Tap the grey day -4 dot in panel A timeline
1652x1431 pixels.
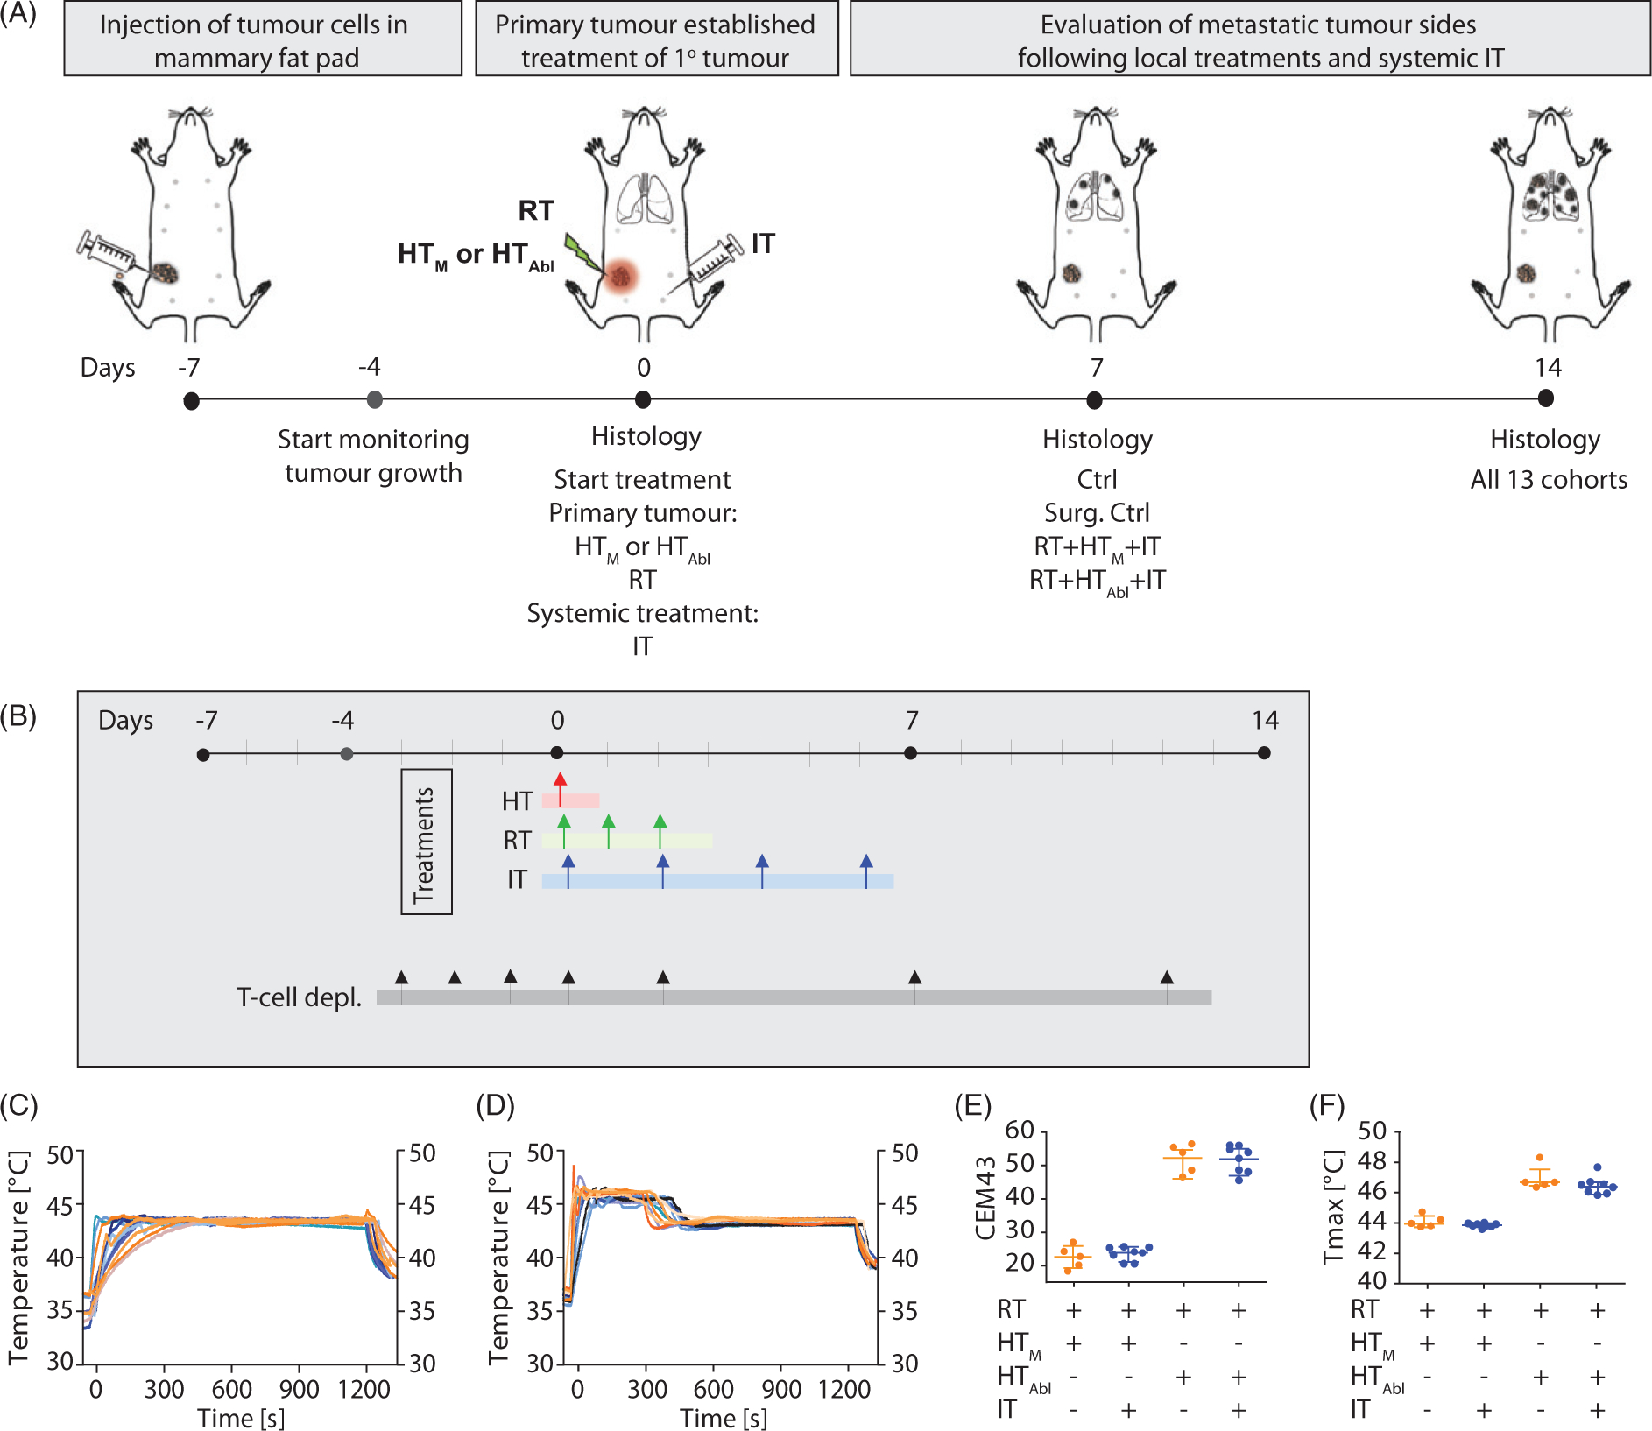point(374,399)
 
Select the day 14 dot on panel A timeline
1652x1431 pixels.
point(1545,398)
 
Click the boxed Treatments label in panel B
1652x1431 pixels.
point(426,842)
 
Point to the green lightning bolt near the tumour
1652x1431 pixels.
point(582,254)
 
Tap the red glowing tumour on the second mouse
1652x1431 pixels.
point(621,277)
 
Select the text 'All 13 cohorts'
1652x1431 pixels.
point(1548,479)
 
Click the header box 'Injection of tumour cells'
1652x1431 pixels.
point(263,40)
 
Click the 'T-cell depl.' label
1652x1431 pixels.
point(299,997)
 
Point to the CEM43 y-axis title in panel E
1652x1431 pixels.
point(985,1197)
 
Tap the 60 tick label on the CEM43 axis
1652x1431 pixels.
point(1020,1131)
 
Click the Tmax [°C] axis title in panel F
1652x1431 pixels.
point(1333,1207)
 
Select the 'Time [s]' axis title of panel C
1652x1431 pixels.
point(241,1418)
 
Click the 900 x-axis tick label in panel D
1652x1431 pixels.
point(780,1389)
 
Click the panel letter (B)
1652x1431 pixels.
point(18,716)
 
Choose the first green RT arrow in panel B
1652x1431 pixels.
point(564,828)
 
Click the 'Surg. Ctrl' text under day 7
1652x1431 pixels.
point(1097,512)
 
